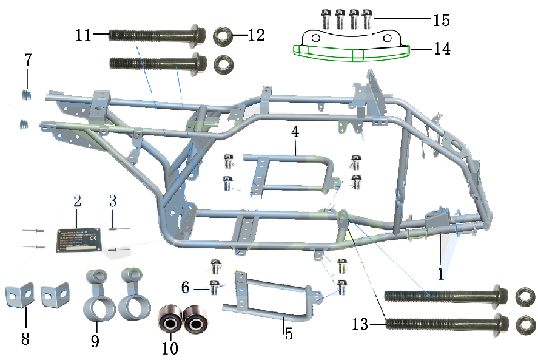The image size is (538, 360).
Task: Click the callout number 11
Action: pyautogui.click(x=84, y=35)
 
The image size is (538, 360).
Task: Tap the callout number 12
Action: pyautogui.click(x=256, y=35)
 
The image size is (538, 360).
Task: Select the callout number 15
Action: pyautogui.click(x=440, y=21)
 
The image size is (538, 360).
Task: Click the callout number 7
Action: pyautogui.click(x=28, y=61)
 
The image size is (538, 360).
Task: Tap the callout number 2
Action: pyautogui.click(x=77, y=201)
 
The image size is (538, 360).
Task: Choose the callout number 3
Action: pyautogui.click(x=112, y=201)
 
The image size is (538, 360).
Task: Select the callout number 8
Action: pyautogui.click(x=25, y=338)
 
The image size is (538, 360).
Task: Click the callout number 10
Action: pyautogui.click(x=170, y=348)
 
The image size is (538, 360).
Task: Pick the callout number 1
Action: pyautogui.click(x=440, y=273)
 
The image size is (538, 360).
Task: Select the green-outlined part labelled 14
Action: pyautogui.click(x=352, y=53)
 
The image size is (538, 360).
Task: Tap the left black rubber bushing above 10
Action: pyautogui.click(x=170, y=318)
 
